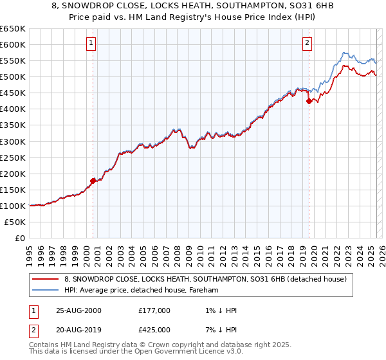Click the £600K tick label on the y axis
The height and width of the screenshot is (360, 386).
click(x=13, y=44)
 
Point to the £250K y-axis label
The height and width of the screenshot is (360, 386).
click(x=13, y=157)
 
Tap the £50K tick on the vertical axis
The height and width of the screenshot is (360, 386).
click(x=15, y=222)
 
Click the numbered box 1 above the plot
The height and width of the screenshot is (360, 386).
click(x=91, y=43)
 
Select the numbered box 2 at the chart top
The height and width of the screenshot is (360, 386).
click(x=308, y=43)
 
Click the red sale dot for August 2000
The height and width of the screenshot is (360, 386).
click(x=93, y=181)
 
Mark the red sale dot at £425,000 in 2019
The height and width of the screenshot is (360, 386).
click(x=309, y=101)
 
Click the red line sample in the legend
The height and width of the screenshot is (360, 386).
click(x=45, y=279)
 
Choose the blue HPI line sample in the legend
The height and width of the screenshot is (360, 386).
click(x=45, y=291)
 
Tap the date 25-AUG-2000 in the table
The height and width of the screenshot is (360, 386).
click(x=78, y=310)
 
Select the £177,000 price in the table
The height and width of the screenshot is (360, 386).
click(x=154, y=310)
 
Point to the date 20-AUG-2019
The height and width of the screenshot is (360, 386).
click(x=78, y=329)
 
